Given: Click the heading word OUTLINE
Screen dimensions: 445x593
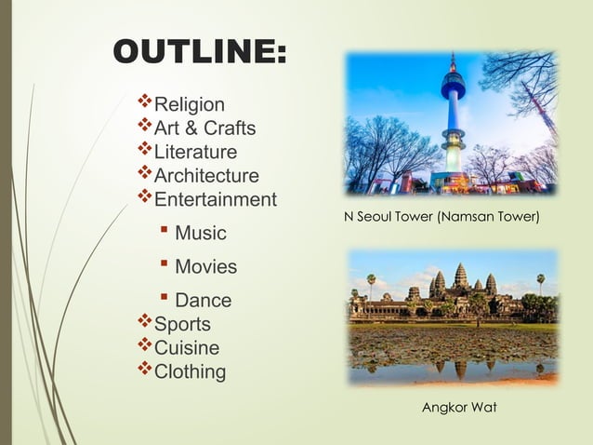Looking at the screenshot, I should click(x=199, y=52).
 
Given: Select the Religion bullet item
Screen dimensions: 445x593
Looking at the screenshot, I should click(x=189, y=103).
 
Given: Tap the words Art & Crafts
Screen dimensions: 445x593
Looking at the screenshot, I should click(x=204, y=128).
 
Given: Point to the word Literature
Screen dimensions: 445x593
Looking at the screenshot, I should click(x=195, y=152).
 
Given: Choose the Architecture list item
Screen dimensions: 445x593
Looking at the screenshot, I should click(x=206, y=176).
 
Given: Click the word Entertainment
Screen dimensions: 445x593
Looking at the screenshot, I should click(x=215, y=199).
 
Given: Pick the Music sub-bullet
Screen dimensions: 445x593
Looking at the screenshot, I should click(x=201, y=232).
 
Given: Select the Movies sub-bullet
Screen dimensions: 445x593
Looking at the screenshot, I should click(x=205, y=266).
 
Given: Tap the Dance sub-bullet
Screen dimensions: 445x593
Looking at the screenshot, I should click(x=204, y=301).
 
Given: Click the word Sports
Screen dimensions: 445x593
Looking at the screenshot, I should click(x=182, y=324).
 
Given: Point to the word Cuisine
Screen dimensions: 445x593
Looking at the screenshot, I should click(x=187, y=348).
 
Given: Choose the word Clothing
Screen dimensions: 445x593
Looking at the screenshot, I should click(x=190, y=372).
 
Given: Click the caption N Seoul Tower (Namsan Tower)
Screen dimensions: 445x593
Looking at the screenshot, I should click(x=441, y=218).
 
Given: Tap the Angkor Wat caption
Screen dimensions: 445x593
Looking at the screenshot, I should click(x=459, y=408).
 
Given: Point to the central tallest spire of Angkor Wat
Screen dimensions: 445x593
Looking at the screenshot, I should click(x=460, y=275).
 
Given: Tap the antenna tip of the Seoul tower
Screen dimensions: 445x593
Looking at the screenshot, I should click(x=453, y=55).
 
